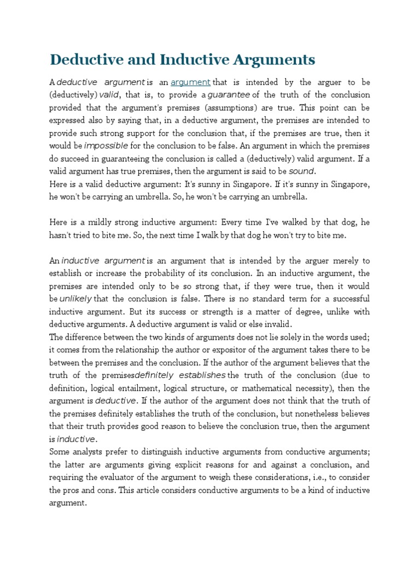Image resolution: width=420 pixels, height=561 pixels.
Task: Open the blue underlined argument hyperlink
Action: click(x=190, y=82)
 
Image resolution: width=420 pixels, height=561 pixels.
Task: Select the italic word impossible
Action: click(x=106, y=146)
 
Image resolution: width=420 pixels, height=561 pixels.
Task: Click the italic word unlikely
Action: click(x=75, y=299)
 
